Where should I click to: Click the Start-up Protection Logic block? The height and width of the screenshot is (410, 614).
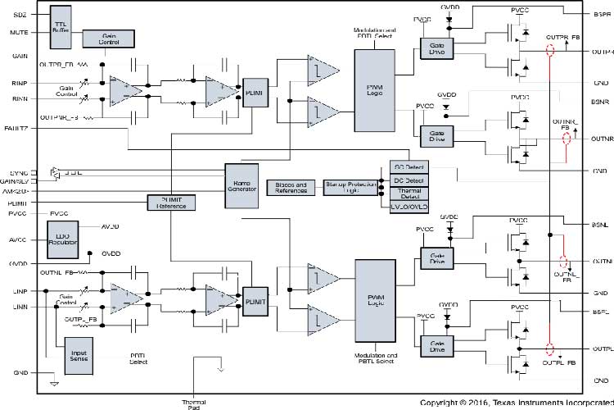(350, 187)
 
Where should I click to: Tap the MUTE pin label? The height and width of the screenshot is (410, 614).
(20, 32)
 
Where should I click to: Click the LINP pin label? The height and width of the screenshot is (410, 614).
(20, 290)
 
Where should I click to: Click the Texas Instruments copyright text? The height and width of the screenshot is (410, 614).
(516, 403)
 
